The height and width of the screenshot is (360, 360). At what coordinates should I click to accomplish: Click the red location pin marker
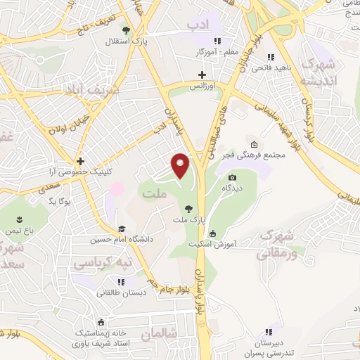click(181, 165)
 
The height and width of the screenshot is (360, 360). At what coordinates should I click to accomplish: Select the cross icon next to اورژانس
click(202, 75)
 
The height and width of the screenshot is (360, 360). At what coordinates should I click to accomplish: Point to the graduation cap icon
click(122, 229)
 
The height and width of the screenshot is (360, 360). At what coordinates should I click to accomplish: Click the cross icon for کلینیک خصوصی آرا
click(82, 161)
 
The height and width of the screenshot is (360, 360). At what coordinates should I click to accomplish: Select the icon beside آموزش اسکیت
click(214, 233)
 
